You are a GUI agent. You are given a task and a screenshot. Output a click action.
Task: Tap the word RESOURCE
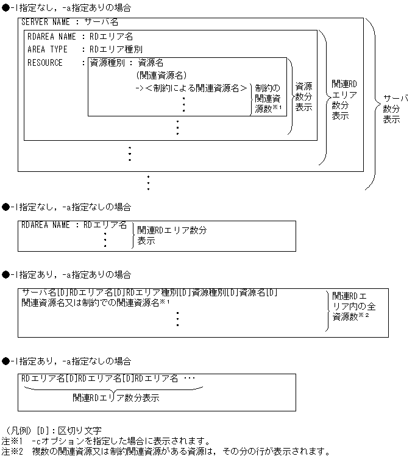click(45, 63)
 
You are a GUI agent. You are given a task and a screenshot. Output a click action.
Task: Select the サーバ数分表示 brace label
click(395, 108)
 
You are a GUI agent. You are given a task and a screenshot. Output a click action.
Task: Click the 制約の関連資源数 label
click(268, 98)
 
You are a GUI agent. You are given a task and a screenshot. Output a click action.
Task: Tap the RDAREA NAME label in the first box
click(52, 37)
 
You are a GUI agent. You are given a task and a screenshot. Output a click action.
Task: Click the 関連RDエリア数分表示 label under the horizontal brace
click(116, 397)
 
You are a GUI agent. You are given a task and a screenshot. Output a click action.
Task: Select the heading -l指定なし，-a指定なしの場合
click(71, 207)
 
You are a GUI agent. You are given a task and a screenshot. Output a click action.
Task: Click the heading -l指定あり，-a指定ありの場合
click(71, 275)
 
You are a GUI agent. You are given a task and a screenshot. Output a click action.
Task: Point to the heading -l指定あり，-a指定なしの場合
click(71, 361)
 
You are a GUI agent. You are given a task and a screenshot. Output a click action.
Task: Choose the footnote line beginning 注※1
click(106, 441)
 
